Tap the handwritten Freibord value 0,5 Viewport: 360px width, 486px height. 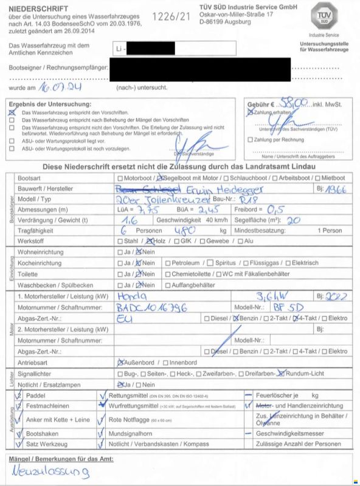point(277,209)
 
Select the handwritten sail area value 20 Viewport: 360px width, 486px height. point(293,220)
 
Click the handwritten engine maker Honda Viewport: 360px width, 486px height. point(130,297)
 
